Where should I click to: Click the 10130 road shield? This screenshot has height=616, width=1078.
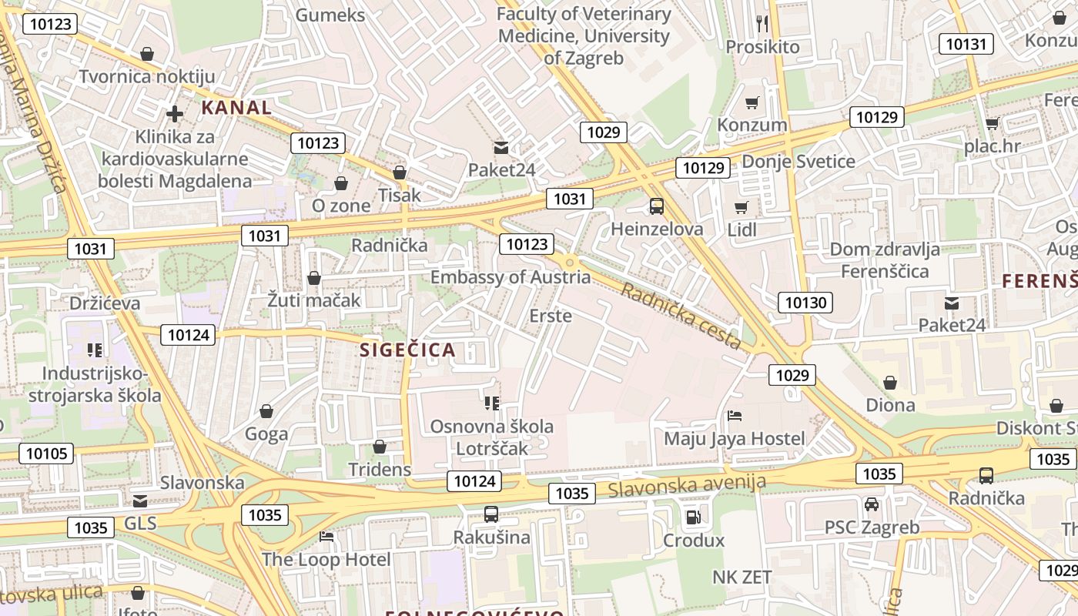click(805, 303)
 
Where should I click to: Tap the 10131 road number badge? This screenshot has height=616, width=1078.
click(966, 44)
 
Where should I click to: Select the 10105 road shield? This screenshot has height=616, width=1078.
click(46, 454)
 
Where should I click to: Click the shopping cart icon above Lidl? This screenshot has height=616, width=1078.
click(742, 207)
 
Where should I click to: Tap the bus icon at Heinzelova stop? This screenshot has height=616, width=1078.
click(656, 206)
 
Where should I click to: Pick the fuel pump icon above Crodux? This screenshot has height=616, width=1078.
click(693, 517)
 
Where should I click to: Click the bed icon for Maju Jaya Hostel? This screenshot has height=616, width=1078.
click(735, 417)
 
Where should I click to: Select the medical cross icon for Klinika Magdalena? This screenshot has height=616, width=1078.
click(175, 114)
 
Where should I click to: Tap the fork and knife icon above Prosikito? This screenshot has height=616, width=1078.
click(762, 23)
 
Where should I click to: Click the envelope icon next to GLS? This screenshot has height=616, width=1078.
click(139, 501)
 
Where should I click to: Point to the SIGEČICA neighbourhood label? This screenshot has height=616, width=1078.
click(408, 350)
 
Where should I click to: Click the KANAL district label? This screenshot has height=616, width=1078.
click(236, 108)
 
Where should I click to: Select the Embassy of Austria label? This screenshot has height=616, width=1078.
click(511, 277)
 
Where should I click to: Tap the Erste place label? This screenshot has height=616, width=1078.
click(551, 316)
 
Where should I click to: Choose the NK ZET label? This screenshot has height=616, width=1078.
click(742, 577)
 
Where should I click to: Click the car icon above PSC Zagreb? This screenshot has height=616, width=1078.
click(871, 504)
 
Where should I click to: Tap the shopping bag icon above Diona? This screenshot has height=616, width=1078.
click(890, 383)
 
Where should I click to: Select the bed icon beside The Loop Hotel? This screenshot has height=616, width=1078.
click(326, 537)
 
